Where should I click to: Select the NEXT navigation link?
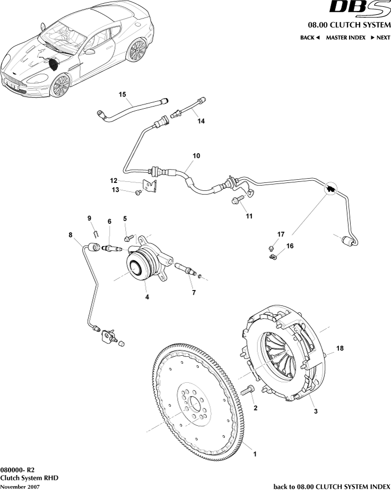point(380,38)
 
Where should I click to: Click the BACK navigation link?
point(310,38)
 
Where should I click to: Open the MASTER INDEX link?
point(345,38)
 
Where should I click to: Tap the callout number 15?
point(123,94)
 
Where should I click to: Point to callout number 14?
point(201,121)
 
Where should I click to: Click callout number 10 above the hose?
point(196,156)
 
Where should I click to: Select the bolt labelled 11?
point(237,200)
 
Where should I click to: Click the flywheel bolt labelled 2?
point(248,391)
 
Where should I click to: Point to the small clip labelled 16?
point(272,257)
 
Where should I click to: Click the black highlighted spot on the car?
point(53,64)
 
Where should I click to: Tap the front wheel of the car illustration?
point(60,86)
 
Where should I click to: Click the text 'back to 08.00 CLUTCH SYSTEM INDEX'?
point(332,486)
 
